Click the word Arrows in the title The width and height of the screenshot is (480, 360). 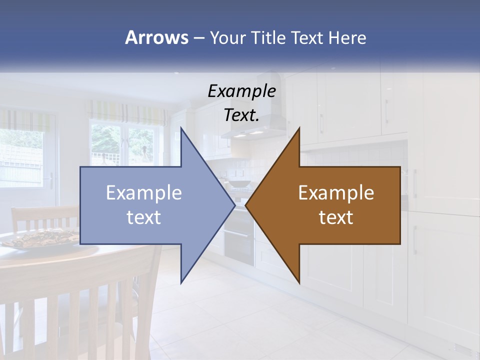tap(156, 37)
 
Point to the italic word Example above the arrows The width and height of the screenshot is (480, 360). tap(241, 91)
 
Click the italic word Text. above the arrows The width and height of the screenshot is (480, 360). tap(241, 115)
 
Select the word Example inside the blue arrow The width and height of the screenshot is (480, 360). tap(144, 192)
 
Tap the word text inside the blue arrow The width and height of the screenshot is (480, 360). tap(144, 217)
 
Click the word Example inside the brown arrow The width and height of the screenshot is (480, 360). tap(336, 192)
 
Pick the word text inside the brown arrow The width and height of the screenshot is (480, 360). tap(336, 217)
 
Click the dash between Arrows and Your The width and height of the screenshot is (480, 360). tap(198, 38)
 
